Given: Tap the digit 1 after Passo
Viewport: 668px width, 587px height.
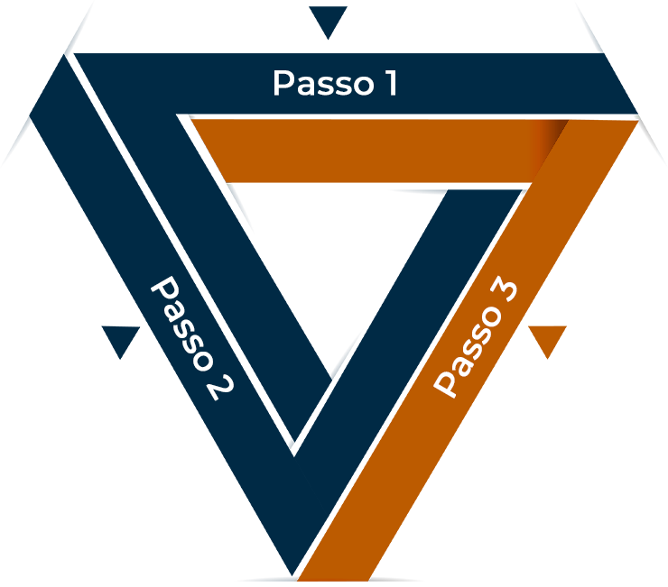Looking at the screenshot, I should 389,84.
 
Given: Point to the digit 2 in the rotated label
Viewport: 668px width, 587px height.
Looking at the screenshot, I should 218,387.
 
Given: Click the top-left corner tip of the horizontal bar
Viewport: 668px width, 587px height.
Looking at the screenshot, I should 191,118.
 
